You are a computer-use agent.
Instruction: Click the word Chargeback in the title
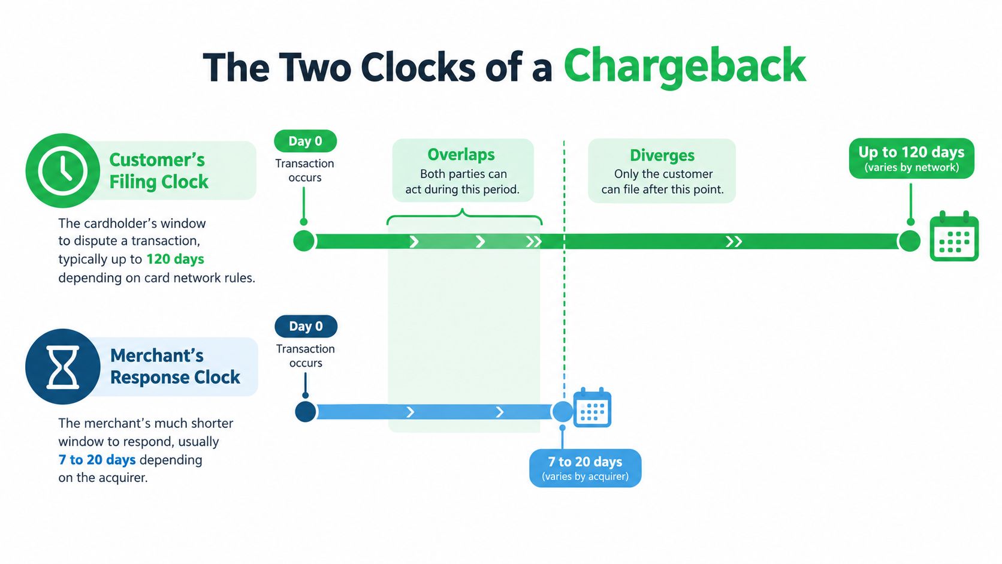[684, 67]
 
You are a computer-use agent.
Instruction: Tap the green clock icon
[62, 170]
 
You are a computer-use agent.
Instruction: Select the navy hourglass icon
[62, 367]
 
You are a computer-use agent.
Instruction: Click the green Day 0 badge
[306, 141]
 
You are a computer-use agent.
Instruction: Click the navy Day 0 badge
[306, 327]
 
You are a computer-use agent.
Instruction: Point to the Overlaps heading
[461, 155]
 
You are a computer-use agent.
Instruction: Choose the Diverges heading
[662, 155]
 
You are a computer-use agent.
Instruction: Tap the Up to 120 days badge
[912, 158]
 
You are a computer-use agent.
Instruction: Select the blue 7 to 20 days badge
[585, 468]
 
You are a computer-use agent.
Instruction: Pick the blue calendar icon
[592, 407]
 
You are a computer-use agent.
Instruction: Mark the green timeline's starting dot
[304, 241]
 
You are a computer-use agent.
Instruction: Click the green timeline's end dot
[909, 241]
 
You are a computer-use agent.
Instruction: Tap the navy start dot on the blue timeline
[306, 412]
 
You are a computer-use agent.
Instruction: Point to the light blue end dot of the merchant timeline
[563, 412]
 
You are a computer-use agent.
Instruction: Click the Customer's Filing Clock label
[159, 170]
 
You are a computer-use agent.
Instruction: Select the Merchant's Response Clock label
[175, 366]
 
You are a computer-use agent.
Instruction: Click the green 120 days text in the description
[176, 259]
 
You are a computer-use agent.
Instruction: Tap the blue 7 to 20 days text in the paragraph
[97, 460]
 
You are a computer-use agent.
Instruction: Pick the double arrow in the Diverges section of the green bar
[734, 242]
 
